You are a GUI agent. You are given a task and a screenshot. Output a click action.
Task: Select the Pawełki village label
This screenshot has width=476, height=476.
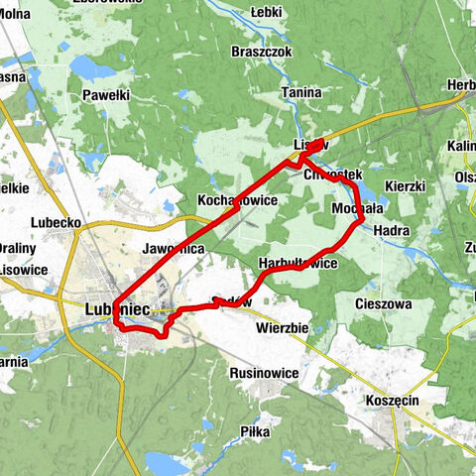click(106, 95)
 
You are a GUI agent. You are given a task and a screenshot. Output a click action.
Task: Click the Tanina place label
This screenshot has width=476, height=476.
click(300, 93)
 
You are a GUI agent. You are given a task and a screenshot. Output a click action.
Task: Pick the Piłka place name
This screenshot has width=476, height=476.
click(256, 432)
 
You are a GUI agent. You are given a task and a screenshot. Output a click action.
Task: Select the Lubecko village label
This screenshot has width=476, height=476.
click(56, 223)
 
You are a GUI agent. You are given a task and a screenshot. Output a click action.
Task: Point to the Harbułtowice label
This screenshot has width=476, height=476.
click(297, 264)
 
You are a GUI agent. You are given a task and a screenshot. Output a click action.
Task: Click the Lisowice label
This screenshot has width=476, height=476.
click(24, 269)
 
